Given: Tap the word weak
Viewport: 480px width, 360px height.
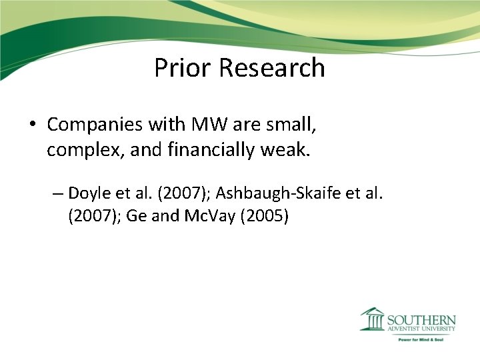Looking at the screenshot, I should [x=288, y=151].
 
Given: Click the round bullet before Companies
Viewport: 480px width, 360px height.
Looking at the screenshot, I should [x=31, y=125].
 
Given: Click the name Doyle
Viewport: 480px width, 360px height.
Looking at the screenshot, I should [x=88, y=194].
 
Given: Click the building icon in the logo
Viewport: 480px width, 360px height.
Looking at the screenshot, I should [x=373, y=319].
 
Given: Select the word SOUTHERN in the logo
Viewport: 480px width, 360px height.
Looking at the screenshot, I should [x=422, y=319].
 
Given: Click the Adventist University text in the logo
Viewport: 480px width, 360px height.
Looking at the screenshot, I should [x=422, y=329].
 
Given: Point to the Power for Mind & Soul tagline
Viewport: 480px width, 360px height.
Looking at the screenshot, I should [x=421, y=339].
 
